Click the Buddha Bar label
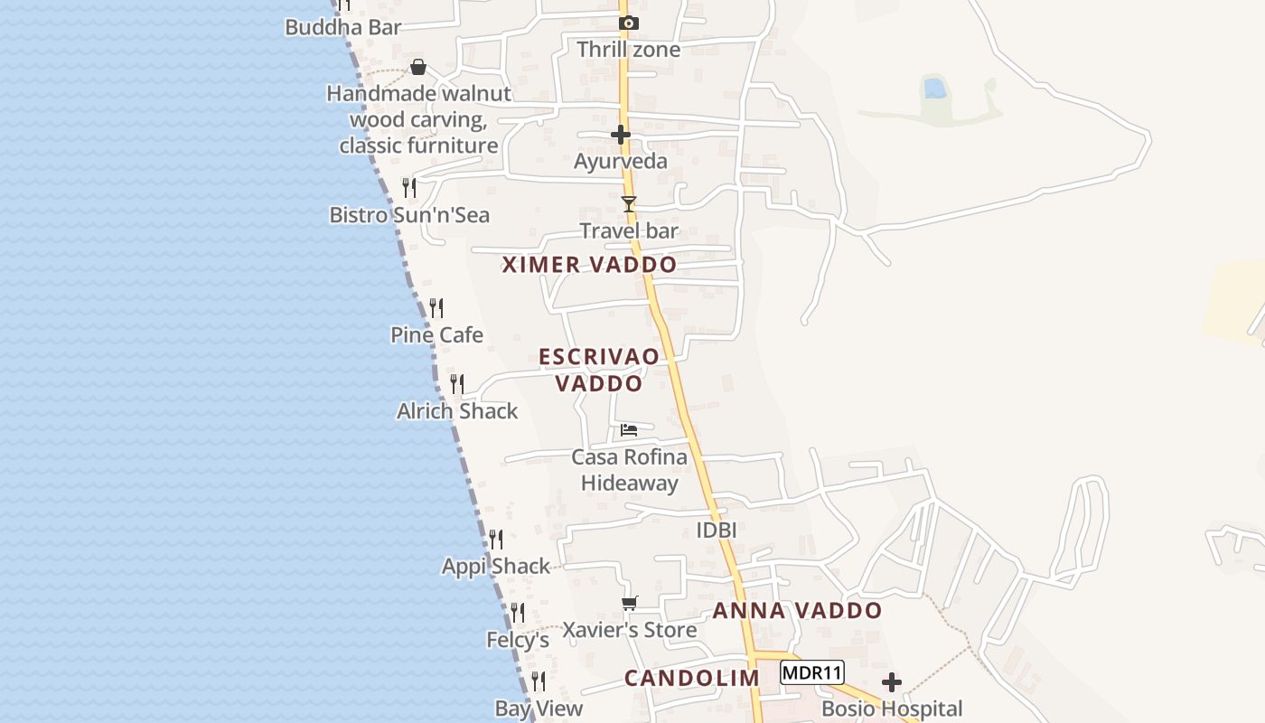(342, 27)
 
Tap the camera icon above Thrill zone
(628, 23)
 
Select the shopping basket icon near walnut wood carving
(418, 67)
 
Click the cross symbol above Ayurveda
(621, 135)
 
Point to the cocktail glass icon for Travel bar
(629, 204)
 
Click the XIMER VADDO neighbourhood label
(589, 265)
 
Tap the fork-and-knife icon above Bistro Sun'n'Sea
(409, 188)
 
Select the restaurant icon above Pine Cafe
(436, 308)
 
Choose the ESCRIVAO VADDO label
(599, 370)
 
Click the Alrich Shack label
(457, 411)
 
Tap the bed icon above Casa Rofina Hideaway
(629, 429)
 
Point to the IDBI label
(717, 531)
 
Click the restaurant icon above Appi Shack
(496, 540)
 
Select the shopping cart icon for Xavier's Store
(630, 603)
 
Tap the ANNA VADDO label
(797, 611)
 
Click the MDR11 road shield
(812, 672)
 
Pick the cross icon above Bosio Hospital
(892, 682)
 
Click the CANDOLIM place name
(692, 678)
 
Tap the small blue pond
(934, 89)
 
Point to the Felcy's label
(518, 640)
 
